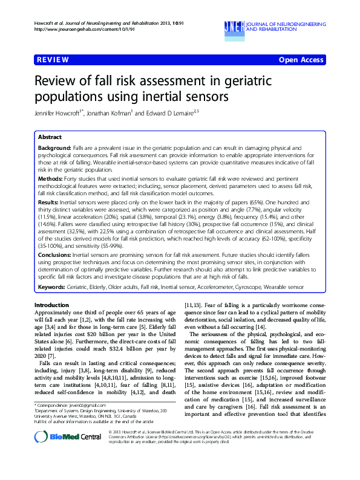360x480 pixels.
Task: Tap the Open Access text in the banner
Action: point(302,60)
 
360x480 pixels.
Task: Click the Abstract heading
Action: point(50,137)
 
